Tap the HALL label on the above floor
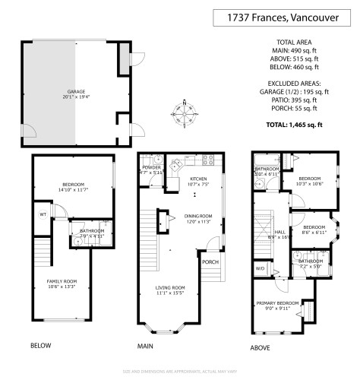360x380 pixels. [x=280, y=232]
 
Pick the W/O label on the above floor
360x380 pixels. [x=260, y=268]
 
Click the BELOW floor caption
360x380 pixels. [x=41, y=346]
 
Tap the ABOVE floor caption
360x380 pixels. [x=261, y=349]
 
